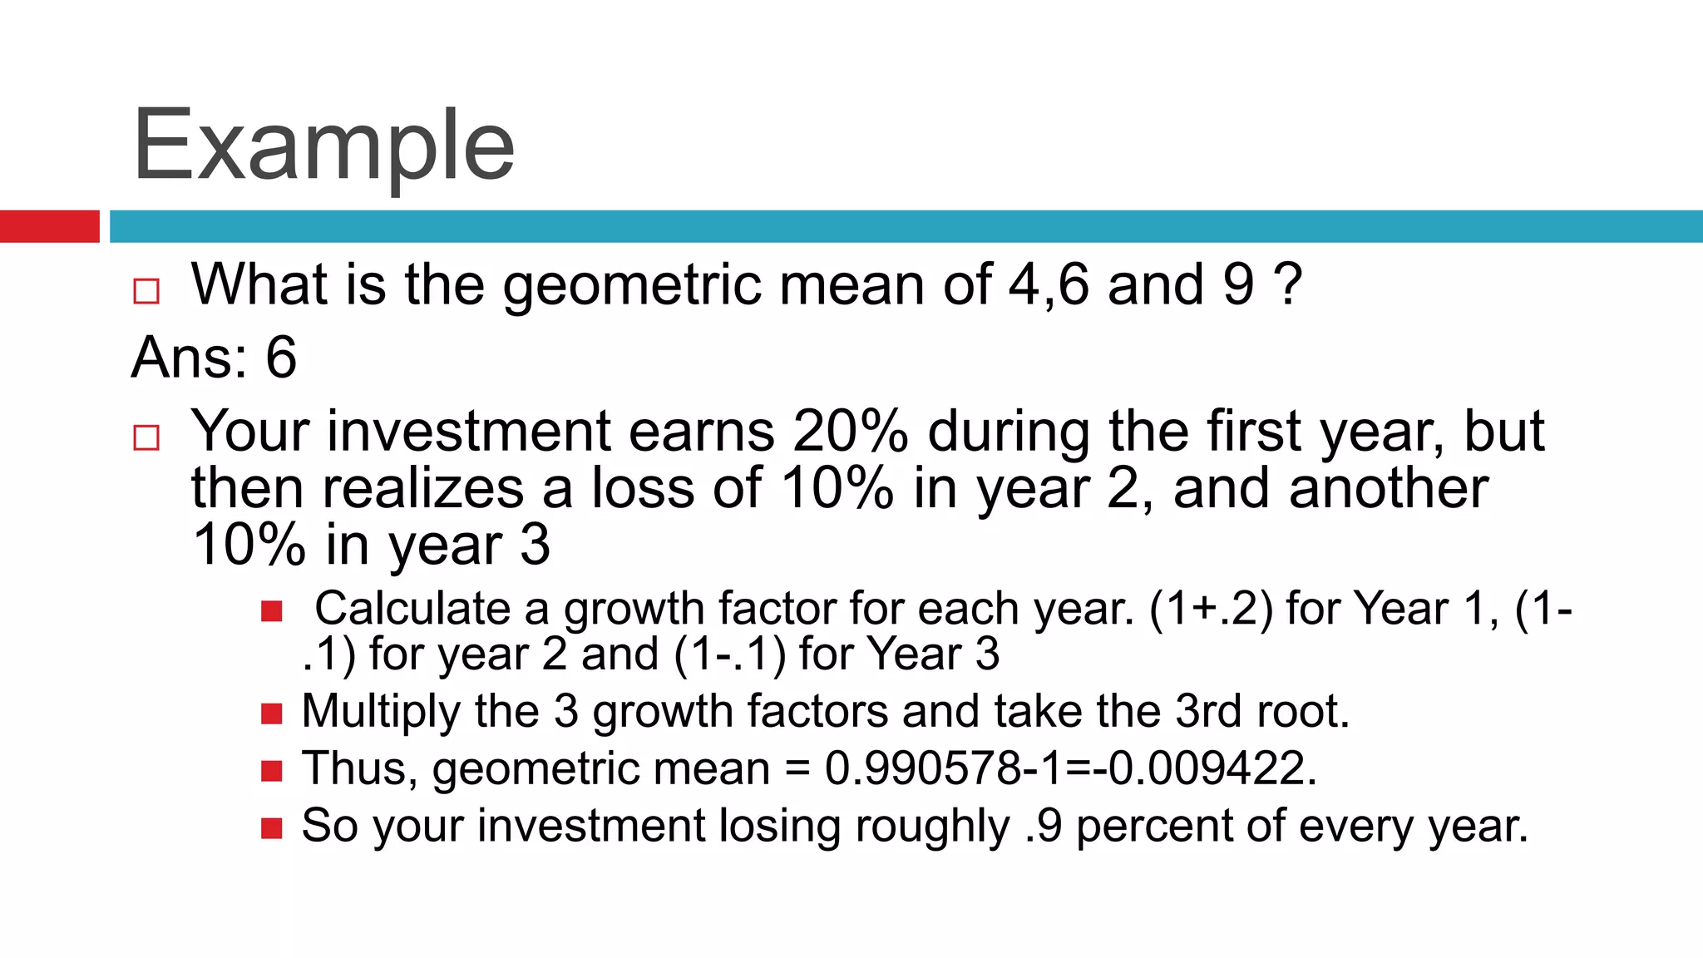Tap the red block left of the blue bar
coord(49,226)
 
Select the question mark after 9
coord(1287,284)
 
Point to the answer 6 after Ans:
coord(281,358)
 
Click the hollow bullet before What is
coord(146,291)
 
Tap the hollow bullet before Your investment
coord(146,437)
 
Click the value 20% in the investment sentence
coord(850,432)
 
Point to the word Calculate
coord(412,609)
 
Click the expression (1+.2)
coord(1210,609)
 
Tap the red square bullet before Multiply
coord(272,714)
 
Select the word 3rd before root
coord(1208,712)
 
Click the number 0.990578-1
coord(943,768)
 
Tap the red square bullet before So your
coord(272,828)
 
